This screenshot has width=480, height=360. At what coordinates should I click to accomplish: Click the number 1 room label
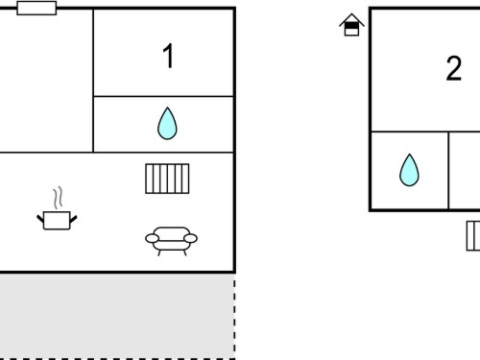[168, 56]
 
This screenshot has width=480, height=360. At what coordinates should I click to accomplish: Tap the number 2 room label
[454, 68]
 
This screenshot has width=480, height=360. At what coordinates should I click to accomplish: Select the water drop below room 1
[167, 124]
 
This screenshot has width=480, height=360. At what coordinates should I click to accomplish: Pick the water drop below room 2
[409, 170]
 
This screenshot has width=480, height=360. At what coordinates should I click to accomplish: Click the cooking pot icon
[57, 220]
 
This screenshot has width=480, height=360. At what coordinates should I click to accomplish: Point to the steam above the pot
[58, 198]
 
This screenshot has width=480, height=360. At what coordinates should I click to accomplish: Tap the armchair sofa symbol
[171, 241]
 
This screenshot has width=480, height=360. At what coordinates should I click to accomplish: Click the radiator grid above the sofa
[167, 179]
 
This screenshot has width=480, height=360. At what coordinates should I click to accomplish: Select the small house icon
[351, 25]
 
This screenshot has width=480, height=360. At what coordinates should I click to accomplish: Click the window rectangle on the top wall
[36, 8]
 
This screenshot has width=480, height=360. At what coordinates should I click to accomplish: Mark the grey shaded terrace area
[117, 316]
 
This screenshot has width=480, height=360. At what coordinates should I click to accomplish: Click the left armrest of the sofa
[152, 238]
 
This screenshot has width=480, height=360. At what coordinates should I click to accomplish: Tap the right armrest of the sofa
[190, 238]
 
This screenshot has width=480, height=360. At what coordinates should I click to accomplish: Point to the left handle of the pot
[40, 219]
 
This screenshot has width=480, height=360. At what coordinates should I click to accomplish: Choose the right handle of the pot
[73, 219]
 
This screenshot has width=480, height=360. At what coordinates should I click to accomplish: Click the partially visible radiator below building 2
[473, 236]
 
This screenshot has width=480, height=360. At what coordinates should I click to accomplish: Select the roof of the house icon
[351, 19]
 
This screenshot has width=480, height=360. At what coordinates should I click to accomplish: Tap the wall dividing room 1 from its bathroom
[163, 96]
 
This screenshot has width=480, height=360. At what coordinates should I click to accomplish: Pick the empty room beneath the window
[46, 81]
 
